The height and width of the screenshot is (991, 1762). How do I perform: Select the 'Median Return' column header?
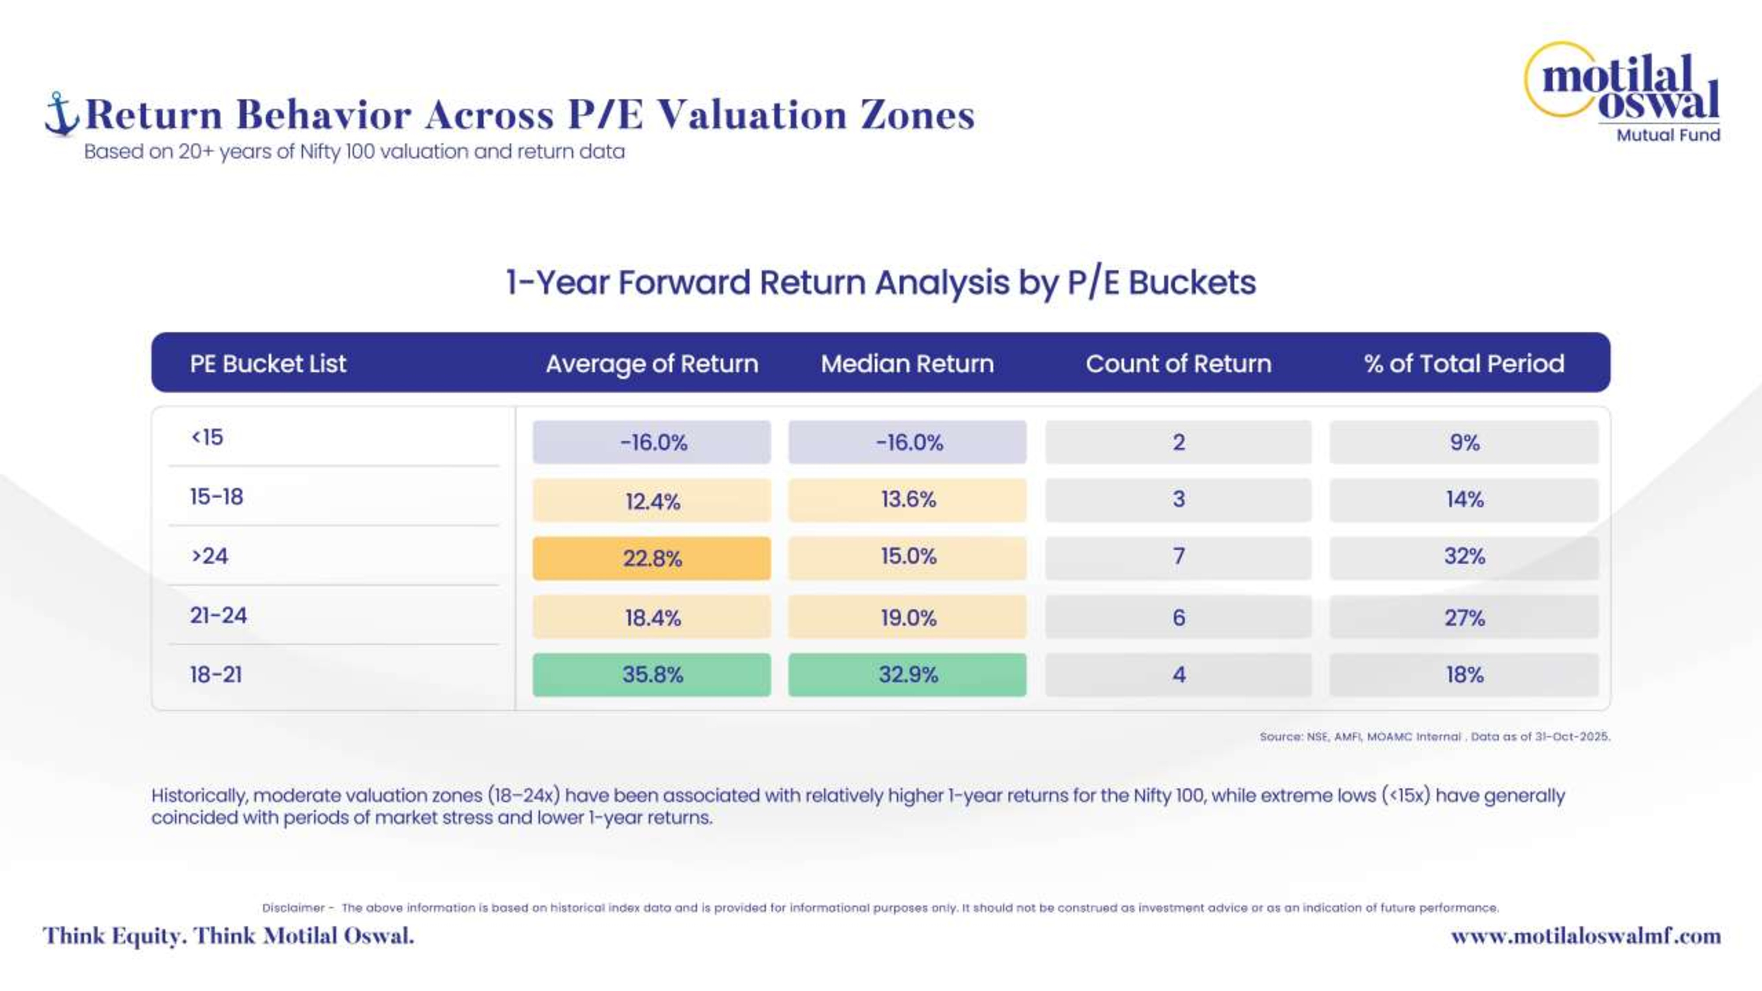(907, 363)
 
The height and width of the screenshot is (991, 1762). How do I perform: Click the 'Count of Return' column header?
(1178, 363)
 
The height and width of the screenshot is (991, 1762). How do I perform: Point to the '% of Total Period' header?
(1464, 363)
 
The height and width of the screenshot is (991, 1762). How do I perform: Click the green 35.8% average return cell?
(652, 674)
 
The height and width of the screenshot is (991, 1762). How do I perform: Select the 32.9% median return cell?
(908, 674)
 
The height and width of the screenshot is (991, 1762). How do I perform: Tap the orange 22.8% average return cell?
(652, 558)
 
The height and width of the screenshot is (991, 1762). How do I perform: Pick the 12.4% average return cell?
(652, 501)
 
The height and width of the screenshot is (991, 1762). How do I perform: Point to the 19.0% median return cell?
(908, 618)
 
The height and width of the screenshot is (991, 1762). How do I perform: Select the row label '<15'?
(207, 437)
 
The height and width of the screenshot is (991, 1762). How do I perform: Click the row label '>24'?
(209, 555)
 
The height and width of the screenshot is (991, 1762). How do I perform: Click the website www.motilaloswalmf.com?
(1585, 936)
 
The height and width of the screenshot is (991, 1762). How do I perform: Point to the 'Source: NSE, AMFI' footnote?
(1434, 736)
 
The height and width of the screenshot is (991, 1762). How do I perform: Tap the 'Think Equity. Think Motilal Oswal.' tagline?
(229, 936)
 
